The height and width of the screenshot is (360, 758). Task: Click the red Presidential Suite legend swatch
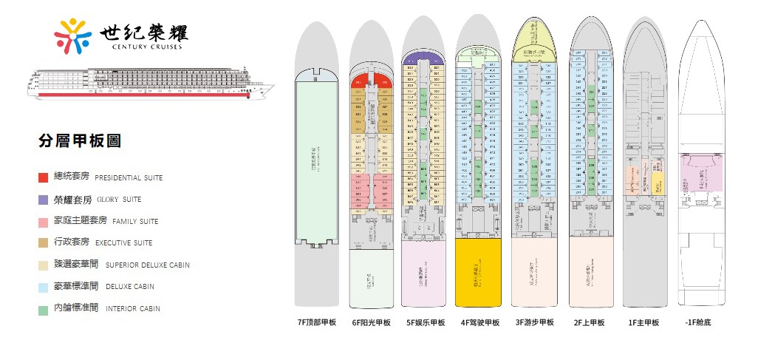[44, 178]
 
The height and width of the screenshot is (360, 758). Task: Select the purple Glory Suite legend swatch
[44, 200]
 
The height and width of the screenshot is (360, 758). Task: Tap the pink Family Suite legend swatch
[44, 222]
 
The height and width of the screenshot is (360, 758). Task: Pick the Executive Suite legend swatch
[44, 243]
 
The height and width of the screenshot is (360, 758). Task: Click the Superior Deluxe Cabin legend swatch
[44, 265]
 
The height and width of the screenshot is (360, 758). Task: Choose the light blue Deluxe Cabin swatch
[44, 287]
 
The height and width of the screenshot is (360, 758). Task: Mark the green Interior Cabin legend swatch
[44, 309]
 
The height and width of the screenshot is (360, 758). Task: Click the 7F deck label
[316, 323]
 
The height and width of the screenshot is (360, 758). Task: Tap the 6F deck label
[371, 323]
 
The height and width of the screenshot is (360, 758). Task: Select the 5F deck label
[426, 323]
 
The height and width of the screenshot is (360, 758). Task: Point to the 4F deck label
[480, 323]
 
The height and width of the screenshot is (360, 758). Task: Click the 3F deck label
[535, 323]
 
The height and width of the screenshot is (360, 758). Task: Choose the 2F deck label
[589, 323]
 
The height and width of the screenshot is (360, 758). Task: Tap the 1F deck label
[643, 323]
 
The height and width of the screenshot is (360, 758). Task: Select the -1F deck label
[697, 323]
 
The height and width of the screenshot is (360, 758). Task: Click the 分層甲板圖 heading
[79, 141]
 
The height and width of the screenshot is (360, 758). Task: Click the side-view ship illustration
[148, 83]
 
